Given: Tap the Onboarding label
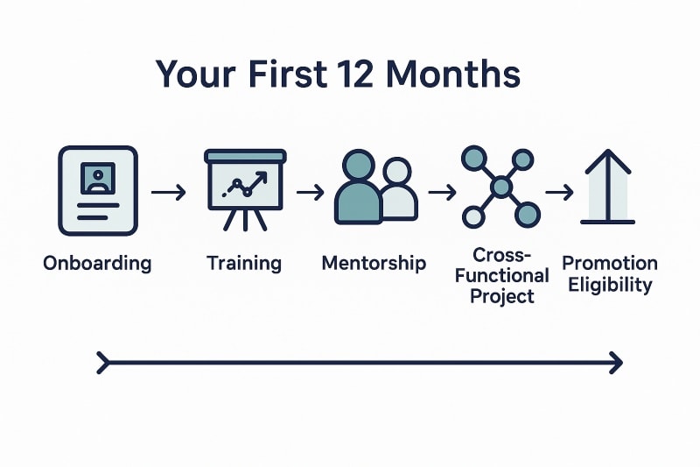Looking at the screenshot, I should coord(97,263).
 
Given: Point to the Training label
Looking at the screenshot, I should coord(244,263).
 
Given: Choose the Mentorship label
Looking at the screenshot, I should coord(374,263).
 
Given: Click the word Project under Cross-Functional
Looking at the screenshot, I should coord(501,296).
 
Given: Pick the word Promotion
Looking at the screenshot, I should coord(610,263).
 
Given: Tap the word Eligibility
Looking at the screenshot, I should coord(610,285).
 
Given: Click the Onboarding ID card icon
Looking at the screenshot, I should coord(97,190).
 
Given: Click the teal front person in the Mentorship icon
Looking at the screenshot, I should coord(358,188).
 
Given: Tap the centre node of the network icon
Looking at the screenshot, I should coord(500,186).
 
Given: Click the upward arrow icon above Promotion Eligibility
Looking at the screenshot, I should coord(607,188).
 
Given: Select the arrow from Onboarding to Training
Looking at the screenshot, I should coord(169,192).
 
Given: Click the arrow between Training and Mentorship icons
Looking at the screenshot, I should coord(311,191).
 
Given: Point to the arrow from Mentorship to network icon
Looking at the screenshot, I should coord(442,191).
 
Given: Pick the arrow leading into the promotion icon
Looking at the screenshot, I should coord(559,190).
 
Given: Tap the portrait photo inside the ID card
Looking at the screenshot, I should coord(97,179).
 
